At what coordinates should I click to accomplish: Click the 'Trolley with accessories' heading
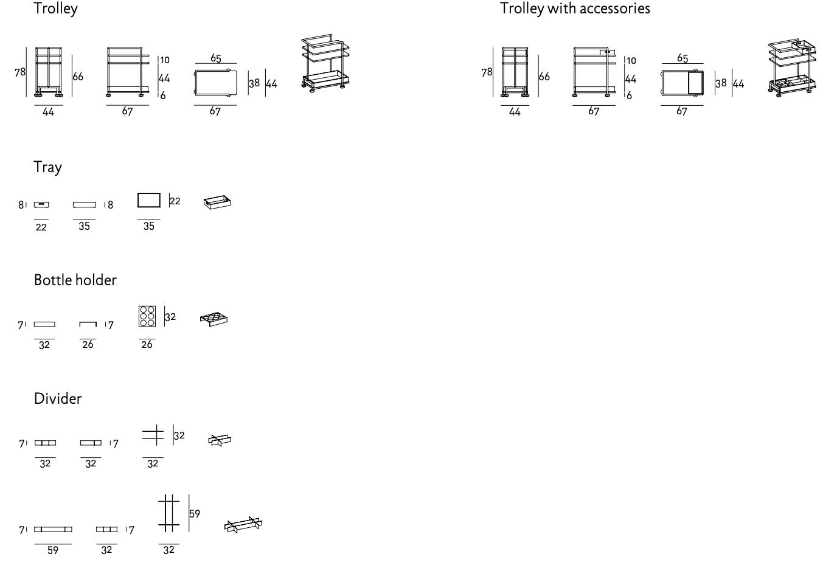click(575, 9)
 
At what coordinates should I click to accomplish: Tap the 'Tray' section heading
click(47, 167)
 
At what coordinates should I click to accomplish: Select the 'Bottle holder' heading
click(75, 280)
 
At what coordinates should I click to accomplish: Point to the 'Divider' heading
click(58, 399)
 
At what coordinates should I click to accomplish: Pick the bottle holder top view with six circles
click(147, 316)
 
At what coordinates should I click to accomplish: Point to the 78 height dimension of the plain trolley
click(20, 72)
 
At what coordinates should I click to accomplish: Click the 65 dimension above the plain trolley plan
click(215, 58)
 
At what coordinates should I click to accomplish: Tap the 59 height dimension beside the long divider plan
click(194, 514)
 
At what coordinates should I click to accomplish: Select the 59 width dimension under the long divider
click(53, 550)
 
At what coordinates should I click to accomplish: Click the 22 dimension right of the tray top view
click(175, 201)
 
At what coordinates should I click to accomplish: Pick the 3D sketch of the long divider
click(243, 525)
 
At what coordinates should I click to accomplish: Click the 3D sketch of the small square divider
click(220, 440)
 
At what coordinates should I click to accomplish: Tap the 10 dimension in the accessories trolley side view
click(631, 61)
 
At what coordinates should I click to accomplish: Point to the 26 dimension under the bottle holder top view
click(147, 344)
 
